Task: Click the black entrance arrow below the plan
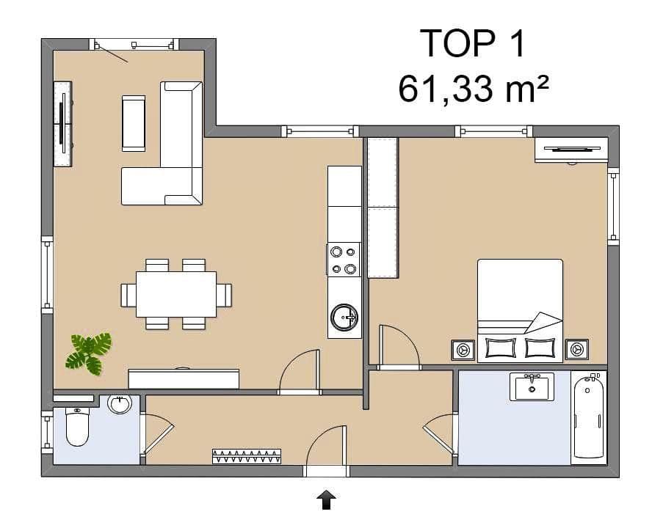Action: point(326,500)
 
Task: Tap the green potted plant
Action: point(90,352)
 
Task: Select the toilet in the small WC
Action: point(77,428)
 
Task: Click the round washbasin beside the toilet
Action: point(119,403)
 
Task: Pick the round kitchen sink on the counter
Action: point(344,318)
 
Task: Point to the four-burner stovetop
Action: point(344,260)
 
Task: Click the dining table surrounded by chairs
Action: point(176,294)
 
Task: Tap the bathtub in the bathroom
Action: point(589,417)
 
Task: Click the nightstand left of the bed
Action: point(463,350)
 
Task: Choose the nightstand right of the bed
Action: point(576,350)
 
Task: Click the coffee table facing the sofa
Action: point(134,122)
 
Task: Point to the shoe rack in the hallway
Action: point(247,456)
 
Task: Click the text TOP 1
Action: point(474,44)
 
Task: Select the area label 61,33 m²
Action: point(474,89)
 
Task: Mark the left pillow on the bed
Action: point(501,347)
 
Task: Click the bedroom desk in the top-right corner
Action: point(570,150)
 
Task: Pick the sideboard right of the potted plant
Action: point(184,378)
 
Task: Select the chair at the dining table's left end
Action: point(128,295)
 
